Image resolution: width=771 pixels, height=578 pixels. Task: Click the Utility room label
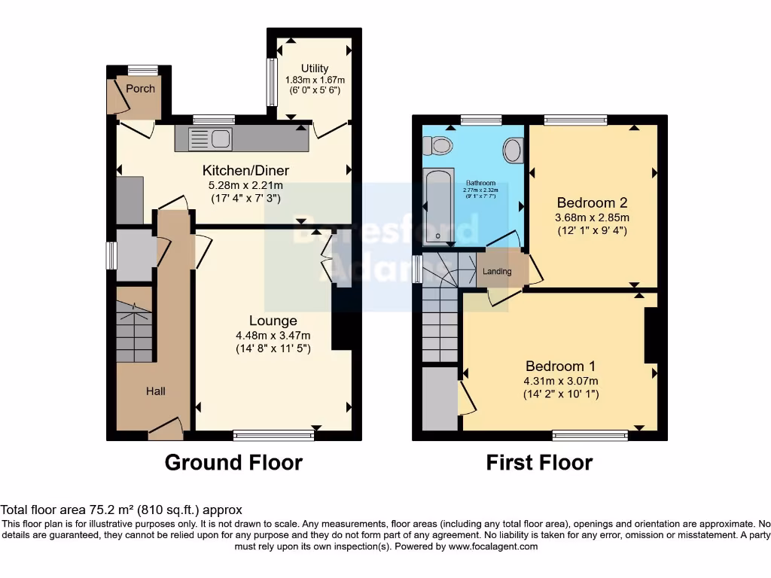click(x=315, y=68)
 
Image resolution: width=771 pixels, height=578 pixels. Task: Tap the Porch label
click(x=140, y=88)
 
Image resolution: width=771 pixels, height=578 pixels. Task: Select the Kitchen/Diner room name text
click(x=245, y=170)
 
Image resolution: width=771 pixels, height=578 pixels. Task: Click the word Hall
click(x=156, y=391)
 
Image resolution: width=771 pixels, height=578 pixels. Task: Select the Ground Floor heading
click(x=233, y=462)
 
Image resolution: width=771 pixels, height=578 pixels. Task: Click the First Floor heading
click(x=539, y=462)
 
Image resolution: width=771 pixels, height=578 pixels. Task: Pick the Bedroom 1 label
click(x=560, y=366)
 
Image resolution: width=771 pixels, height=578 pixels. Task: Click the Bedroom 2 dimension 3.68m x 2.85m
click(x=591, y=218)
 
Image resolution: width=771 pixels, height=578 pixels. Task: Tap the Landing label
click(x=496, y=272)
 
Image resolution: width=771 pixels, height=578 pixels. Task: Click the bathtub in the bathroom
click(x=438, y=205)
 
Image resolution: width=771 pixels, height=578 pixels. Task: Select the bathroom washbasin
click(x=513, y=151)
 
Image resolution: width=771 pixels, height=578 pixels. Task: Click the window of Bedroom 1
click(x=590, y=434)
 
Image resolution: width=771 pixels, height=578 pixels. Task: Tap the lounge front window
click(x=273, y=434)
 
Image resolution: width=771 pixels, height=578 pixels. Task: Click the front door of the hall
click(x=166, y=430)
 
